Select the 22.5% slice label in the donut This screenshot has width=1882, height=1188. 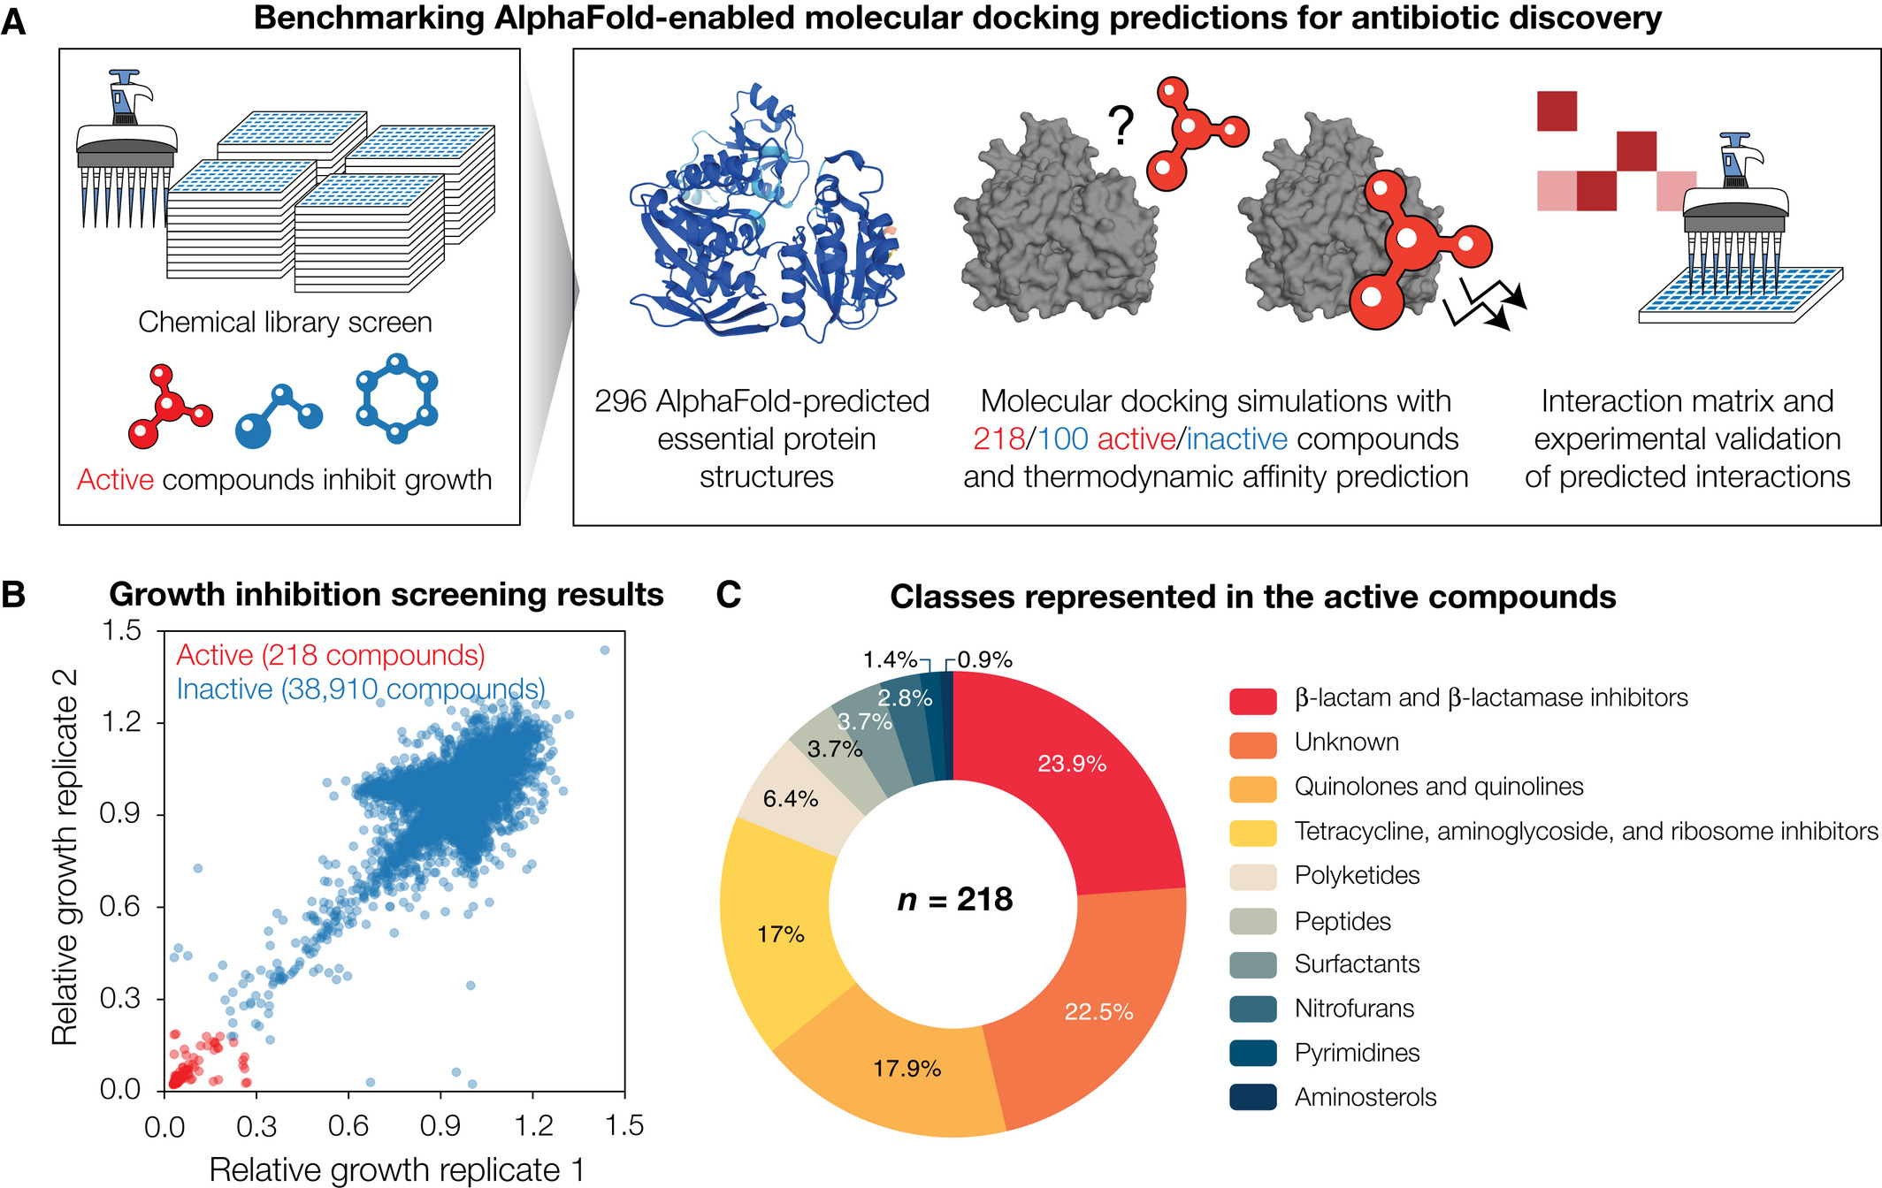1098,1012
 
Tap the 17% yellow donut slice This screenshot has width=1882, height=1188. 781,934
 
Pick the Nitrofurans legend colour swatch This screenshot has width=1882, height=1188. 1252,1009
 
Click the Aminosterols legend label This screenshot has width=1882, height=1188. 1365,1097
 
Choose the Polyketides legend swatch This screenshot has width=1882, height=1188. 1252,876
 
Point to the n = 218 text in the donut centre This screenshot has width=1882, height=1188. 955,900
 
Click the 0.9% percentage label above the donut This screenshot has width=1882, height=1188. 984,659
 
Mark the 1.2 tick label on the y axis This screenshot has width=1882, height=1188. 121,722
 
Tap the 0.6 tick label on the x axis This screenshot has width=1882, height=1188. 348,1125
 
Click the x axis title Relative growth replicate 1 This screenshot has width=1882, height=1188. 396,1169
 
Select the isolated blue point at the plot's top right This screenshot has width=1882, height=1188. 605,650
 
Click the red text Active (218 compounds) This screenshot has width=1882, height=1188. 330,655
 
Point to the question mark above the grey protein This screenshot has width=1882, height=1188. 1121,126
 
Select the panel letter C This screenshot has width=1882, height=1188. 728,595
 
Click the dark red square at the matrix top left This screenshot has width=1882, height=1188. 1557,111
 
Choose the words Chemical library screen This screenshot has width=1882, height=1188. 285,322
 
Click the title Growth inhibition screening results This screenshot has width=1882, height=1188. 386,595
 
